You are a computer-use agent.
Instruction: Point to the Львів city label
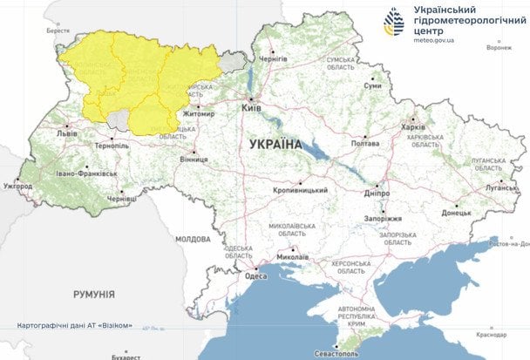pyautogui.click(x=66, y=134)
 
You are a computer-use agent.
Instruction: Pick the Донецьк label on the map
pyautogui.click(x=456, y=212)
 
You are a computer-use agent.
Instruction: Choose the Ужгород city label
pyautogui.click(x=17, y=186)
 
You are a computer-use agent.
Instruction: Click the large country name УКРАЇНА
pyautogui.click(x=275, y=144)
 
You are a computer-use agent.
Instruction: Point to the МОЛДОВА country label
pyautogui.click(x=193, y=238)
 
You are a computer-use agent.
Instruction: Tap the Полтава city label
pyautogui.click(x=364, y=144)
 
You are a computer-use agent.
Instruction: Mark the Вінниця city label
pyautogui.click(x=193, y=160)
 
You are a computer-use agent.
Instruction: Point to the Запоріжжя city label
pyautogui.click(x=381, y=218)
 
